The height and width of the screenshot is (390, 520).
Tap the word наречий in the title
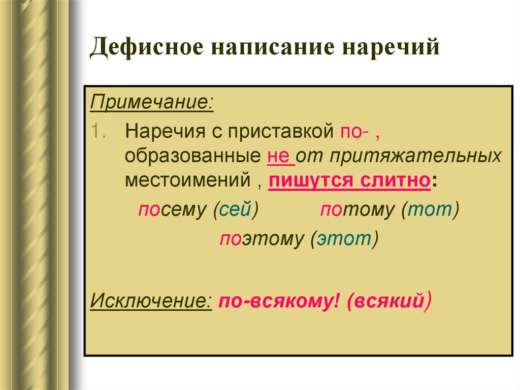(x=386, y=49)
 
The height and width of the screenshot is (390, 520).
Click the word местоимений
(x=187, y=181)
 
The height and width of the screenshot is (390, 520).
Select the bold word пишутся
(x=308, y=181)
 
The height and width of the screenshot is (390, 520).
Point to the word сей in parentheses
(x=236, y=210)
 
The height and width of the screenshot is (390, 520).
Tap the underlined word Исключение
(x=151, y=301)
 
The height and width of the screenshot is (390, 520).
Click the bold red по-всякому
(x=279, y=301)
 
